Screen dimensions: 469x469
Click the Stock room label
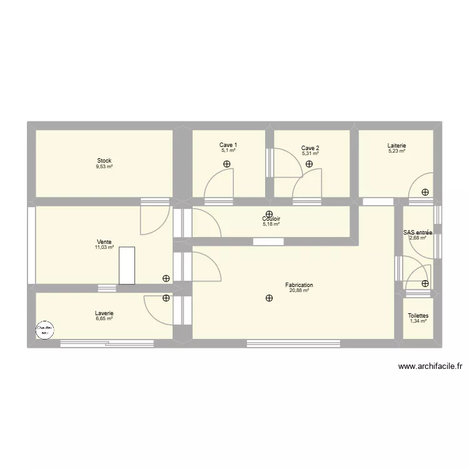[x=104, y=161]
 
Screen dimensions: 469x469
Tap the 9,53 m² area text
[x=104, y=167]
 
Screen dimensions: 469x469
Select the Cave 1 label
[x=228, y=145]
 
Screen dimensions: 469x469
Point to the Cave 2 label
[x=310, y=148]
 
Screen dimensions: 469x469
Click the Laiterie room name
[x=396, y=145]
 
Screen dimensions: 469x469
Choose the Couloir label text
[x=271, y=218]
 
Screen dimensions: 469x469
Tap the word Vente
[x=104, y=241]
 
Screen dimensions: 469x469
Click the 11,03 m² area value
[x=104, y=248]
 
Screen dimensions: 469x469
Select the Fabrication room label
[x=299, y=285]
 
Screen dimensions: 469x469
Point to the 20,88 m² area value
[x=299, y=291]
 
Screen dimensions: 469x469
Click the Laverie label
[x=104, y=313]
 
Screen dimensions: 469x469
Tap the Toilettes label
[x=418, y=316]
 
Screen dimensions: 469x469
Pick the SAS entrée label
[x=418, y=232]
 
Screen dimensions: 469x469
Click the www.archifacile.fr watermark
[x=429, y=368]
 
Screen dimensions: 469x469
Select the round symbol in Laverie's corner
[x=44, y=330]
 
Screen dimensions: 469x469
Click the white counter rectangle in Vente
[x=127, y=266]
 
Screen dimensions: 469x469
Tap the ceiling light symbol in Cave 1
[x=226, y=164]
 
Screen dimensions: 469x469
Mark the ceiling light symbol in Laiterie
[x=425, y=193]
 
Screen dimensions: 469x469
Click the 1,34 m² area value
[x=418, y=321]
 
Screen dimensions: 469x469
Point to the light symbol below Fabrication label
[x=269, y=298]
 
